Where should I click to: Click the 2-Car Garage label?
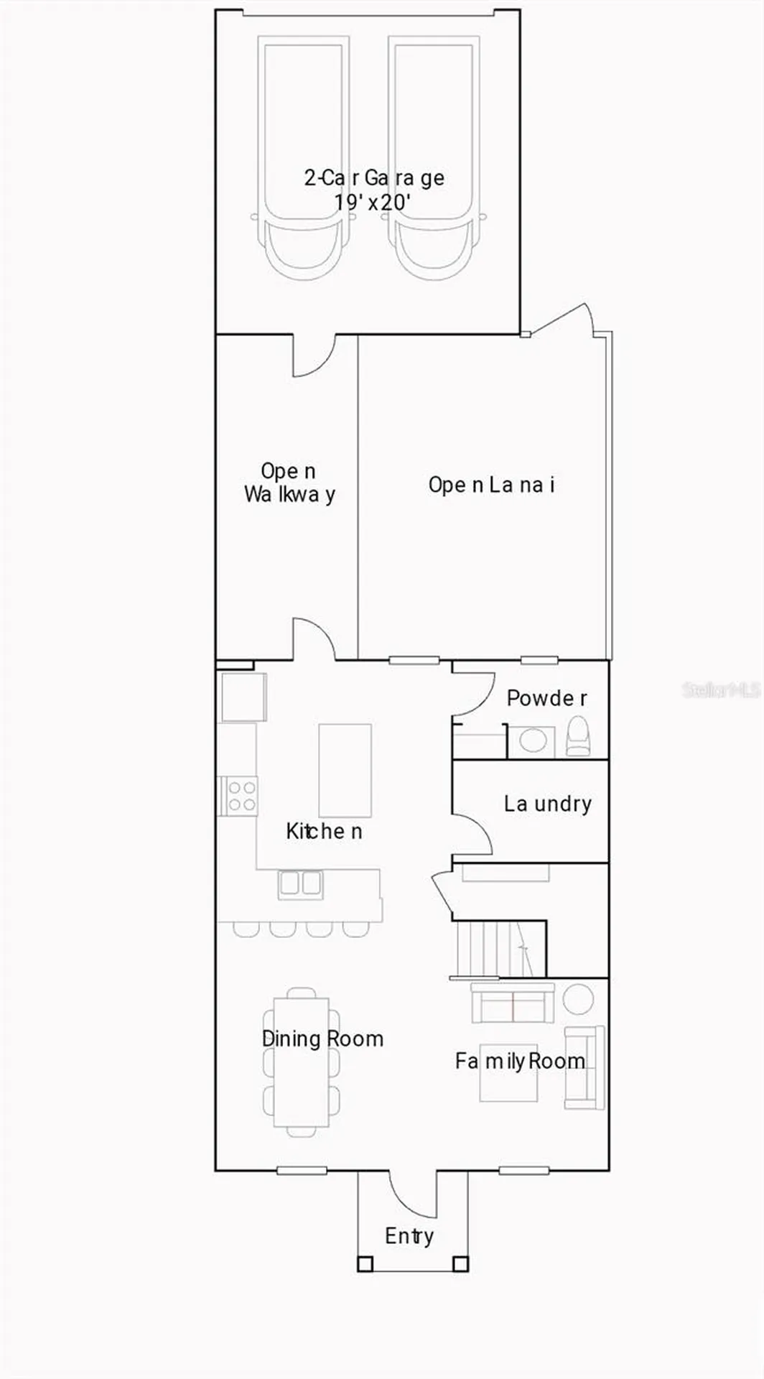[x=374, y=177]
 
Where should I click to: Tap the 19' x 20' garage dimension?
[x=372, y=202]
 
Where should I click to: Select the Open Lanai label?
[x=492, y=486]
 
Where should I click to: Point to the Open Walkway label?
[x=289, y=483]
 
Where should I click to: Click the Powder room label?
[x=547, y=697]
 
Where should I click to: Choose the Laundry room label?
[x=548, y=804]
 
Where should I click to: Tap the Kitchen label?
[x=324, y=831]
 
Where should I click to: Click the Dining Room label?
[x=322, y=1039]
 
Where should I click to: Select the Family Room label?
[x=520, y=1061]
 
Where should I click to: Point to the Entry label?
[x=409, y=1236]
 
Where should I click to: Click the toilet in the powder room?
[x=578, y=737]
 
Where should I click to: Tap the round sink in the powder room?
[x=533, y=741]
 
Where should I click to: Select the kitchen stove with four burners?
[x=239, y=796]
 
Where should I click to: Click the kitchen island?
[x=345, y=771]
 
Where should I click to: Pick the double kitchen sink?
[x=300, y=883]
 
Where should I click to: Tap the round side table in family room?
[x=578, y=998]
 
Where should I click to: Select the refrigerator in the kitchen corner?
[x=243, y=697]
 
